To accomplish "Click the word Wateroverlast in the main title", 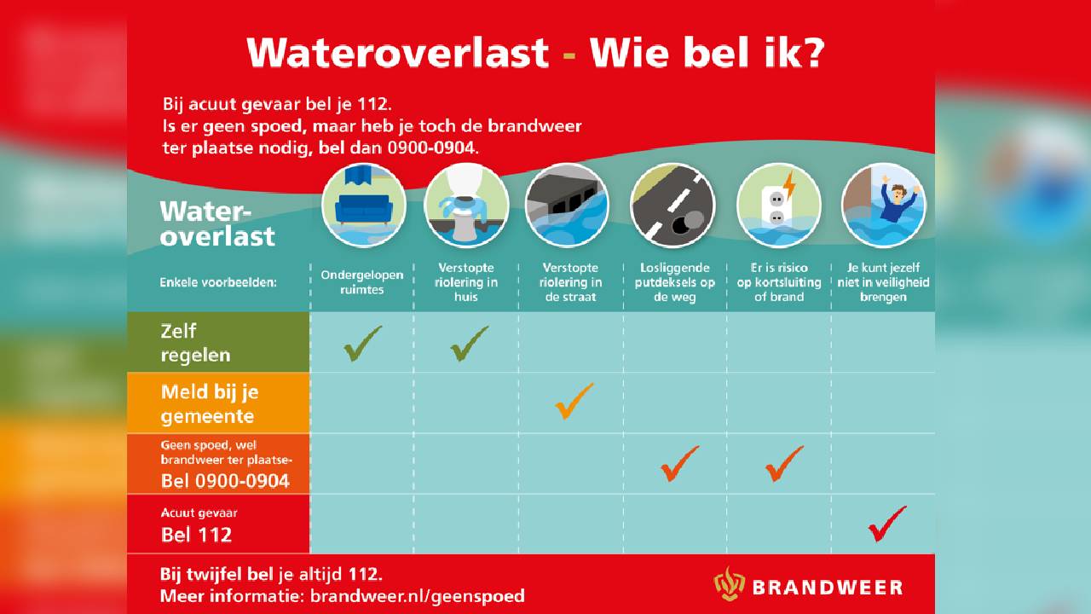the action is point(398,53).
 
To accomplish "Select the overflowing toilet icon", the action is point(466,206).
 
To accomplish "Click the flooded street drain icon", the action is point(568,206).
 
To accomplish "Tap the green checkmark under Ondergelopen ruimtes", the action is point(362,344).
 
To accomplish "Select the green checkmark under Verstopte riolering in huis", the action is point(469,344).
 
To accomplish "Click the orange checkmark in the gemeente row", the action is point(574,401).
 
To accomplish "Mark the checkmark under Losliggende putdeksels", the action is point(680,463).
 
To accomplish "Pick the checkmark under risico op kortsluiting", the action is point(784,463).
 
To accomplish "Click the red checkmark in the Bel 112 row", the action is point(887,524).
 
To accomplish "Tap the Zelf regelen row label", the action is point(195,343).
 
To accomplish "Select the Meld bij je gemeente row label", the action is point(210,403).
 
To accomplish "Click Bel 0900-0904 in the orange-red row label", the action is point(225,482).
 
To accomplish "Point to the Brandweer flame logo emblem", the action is point(729,584).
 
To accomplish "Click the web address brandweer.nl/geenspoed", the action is point(418,596).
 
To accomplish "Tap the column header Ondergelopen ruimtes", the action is point(362,282).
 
